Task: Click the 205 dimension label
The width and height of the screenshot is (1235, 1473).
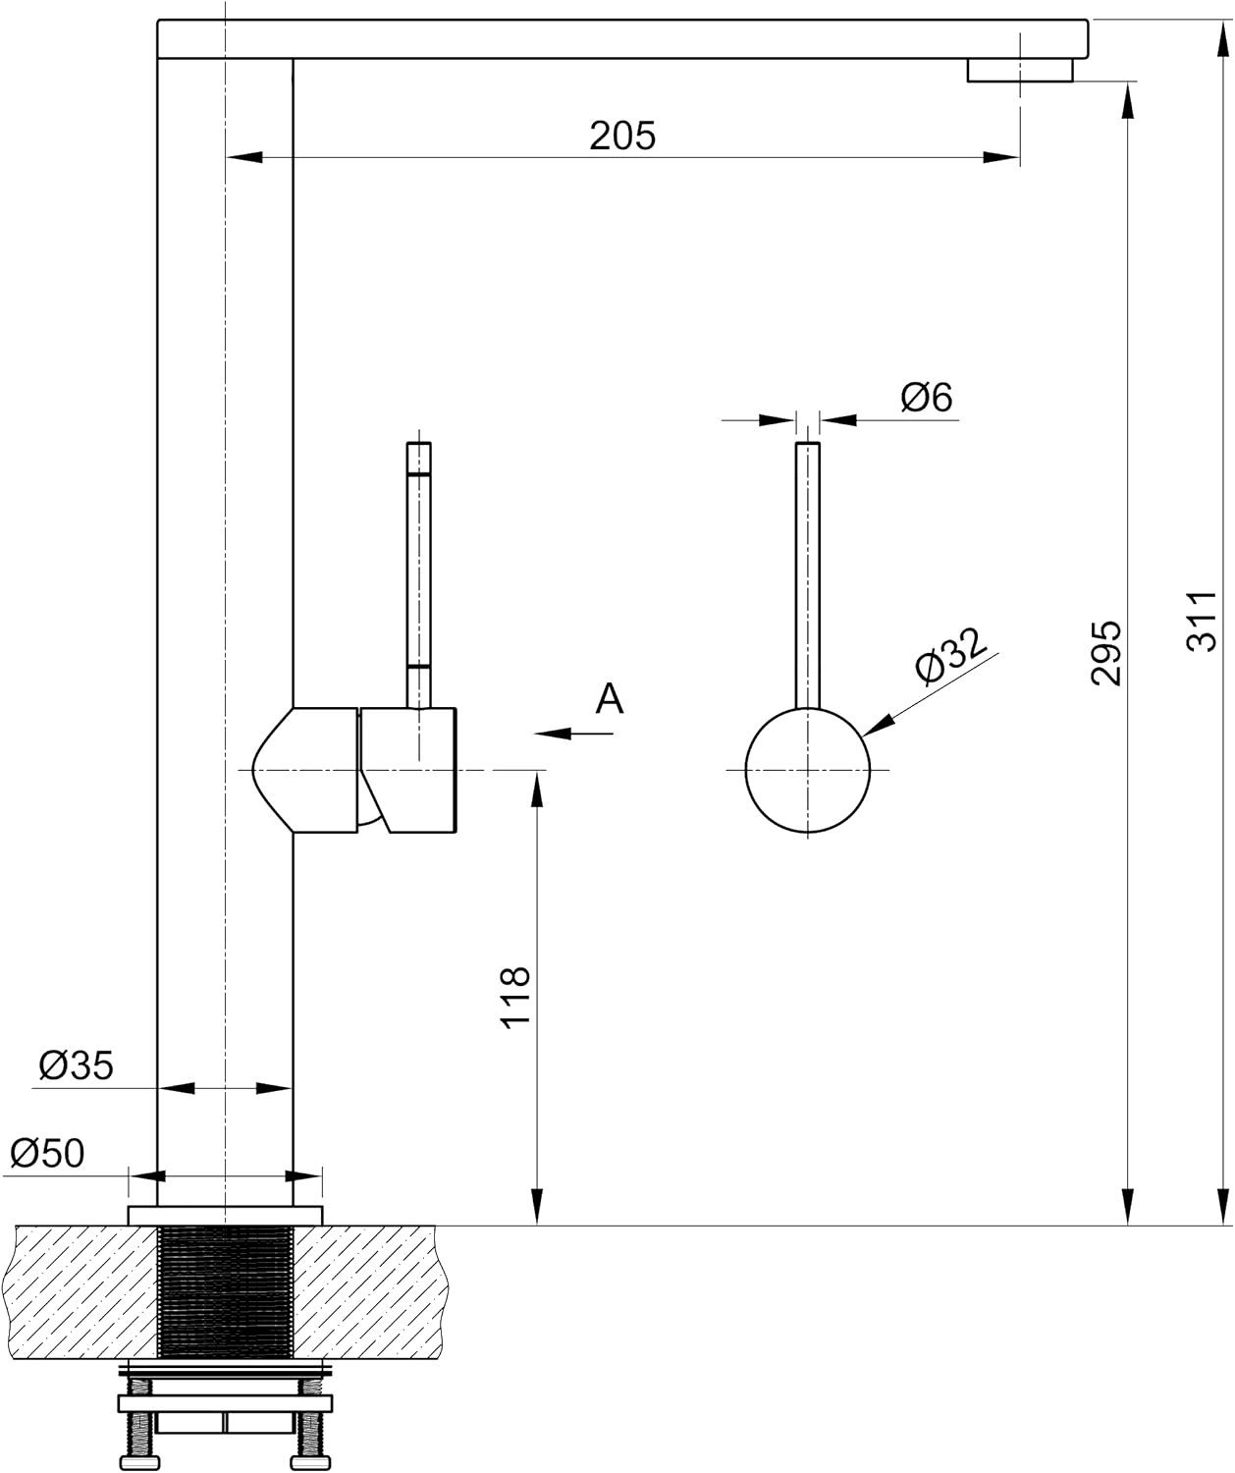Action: point(622,136)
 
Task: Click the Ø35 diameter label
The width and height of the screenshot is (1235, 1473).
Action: point(76,1065)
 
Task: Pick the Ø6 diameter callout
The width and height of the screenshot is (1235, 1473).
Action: point(927,397)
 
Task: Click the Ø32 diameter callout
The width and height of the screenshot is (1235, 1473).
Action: point(950,655)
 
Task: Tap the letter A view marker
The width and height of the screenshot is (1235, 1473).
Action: point(610,698)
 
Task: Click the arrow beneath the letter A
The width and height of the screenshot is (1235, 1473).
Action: point(573,734)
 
